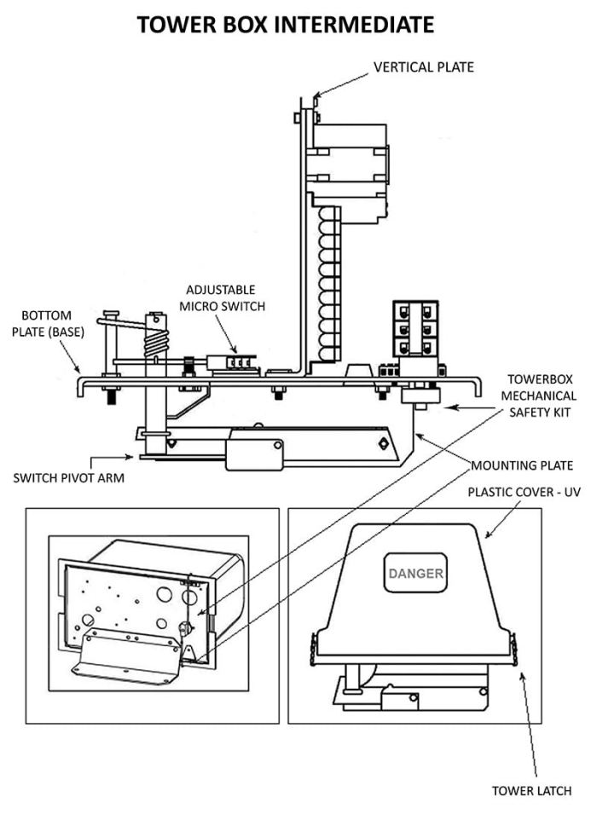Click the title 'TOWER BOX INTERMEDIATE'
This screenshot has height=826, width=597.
[286, 25]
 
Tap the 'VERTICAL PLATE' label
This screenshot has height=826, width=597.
[424, 67]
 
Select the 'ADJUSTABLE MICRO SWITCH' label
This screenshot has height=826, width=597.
[222, 298]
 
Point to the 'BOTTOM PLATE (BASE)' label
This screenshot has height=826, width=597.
[48, 324]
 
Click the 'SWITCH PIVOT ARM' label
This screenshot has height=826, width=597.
[68, 478]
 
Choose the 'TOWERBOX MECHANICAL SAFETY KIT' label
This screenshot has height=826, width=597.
[539, 396]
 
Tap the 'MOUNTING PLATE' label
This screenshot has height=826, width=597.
[522, 465]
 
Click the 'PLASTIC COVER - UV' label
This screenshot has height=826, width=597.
[525, 492]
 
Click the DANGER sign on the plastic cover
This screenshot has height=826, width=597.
[415, 573]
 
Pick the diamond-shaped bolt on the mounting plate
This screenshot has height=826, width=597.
[383, 443]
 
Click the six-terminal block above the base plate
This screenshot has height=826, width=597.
[415, 328]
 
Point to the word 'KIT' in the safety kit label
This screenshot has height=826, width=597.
[560, 413]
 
